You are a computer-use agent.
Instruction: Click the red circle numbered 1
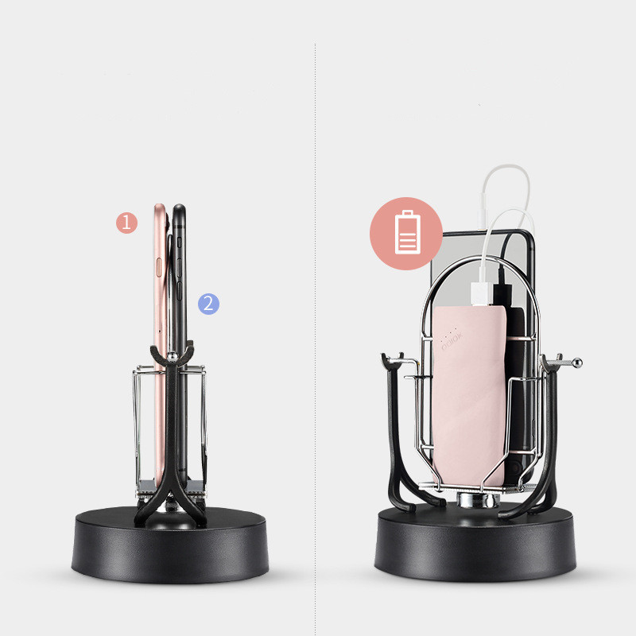(127, 223)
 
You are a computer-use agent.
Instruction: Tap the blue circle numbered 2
(208, 304)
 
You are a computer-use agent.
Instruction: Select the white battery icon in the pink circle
(406, 233)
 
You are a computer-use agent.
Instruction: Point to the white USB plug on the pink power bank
(483, 293)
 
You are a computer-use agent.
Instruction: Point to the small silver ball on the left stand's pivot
(172, 359)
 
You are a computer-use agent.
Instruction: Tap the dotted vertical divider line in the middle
(316, 318)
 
